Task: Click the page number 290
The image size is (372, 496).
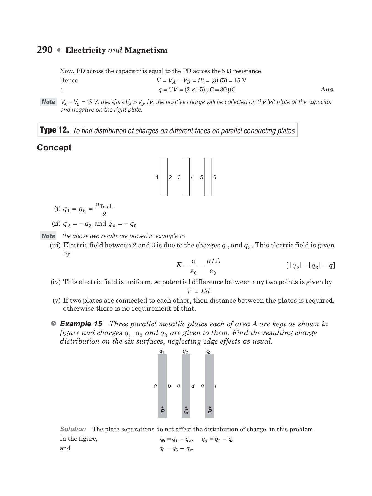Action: point(45,50)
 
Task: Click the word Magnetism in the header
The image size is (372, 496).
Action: point(146,50)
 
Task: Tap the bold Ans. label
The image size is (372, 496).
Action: point(327,90)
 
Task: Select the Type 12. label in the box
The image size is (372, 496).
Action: point(54,130)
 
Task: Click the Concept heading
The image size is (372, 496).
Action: point(54,148)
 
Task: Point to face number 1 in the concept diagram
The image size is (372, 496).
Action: point(157,177)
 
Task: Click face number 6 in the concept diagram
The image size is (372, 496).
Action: point(215,177)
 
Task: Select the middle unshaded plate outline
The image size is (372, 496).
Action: point(186,177)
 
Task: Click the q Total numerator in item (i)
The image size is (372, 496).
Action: point(104,205)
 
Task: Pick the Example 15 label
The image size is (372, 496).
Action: point(81,324)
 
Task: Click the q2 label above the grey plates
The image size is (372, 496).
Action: point(185,352)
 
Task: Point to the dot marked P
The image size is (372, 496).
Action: point(163,407)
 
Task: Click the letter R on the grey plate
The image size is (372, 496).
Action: point(210,412)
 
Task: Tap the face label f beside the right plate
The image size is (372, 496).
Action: point(216,386)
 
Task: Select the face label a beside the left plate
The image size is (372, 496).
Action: point(155,386)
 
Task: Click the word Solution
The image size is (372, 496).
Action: point(73,429)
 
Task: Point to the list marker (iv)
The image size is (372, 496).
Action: point(55,282)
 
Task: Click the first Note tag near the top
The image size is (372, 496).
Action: point(48,102)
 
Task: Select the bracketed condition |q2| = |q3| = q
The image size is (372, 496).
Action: point(311,266)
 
